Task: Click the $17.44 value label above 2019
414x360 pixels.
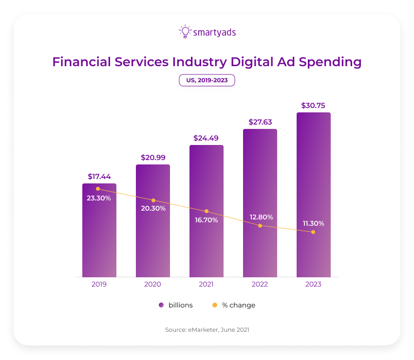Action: coord(99,176)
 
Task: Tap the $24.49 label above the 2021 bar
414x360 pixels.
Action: coord(206,138)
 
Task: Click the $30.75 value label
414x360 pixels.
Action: coord(313,105)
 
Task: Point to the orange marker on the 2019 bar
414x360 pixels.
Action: coord(98,189)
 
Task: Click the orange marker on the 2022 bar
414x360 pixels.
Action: coord(260,226)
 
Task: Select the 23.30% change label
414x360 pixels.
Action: coord(99,198)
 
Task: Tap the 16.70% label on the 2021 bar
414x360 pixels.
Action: coord(206,220)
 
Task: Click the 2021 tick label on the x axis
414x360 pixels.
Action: coord(206,284)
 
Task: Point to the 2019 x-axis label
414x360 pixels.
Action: coord(99,284)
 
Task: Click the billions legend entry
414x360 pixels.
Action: coord(176,305)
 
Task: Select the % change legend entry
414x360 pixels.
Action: coord(234,305)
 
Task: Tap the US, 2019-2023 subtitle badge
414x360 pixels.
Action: coord(207,80)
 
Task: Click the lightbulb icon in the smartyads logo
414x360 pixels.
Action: coord(185,32)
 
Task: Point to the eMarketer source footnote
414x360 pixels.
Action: coord(207,330)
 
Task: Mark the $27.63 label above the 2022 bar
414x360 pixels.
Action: coord(260,122)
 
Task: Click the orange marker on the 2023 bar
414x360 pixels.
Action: coord(313,232)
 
